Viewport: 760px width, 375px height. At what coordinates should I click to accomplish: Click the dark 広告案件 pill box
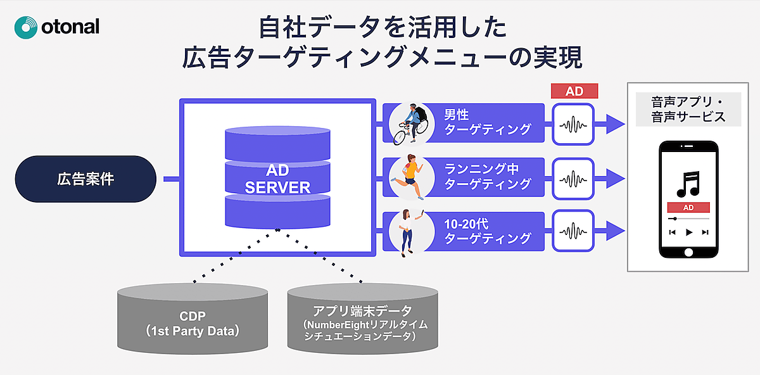click(85, 179)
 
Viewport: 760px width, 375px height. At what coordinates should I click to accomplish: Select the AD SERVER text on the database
click(277, 179)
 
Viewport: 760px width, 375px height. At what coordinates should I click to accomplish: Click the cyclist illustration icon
click(410, 123)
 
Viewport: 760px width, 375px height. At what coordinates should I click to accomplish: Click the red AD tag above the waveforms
click(574, 91)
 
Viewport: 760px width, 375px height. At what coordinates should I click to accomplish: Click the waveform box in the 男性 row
click(574, 123)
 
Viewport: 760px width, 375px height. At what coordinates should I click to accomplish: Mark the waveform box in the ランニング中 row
click(574, 177)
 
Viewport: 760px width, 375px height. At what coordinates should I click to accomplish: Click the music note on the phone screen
click(688, 183)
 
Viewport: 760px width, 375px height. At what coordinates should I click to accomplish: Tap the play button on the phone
click(689, 232)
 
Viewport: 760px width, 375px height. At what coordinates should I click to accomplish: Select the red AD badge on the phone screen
click(688, 208)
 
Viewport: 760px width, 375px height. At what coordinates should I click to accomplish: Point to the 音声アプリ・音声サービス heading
click(688, 110)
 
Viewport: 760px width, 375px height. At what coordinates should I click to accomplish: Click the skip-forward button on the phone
click(705, 232)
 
